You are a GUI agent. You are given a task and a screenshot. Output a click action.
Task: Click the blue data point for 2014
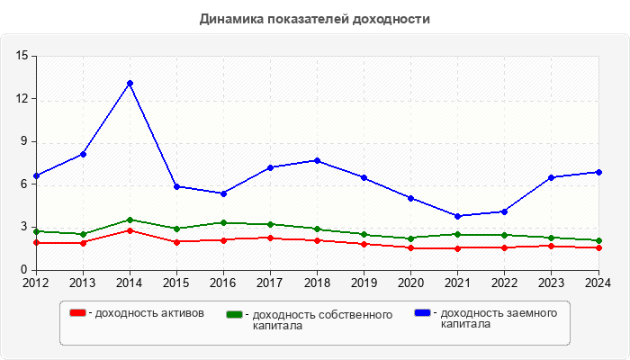click(130, 83)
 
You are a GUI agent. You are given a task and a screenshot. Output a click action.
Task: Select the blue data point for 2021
click(457, 216)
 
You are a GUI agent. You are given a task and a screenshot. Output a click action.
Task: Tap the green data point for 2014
click(130, 220)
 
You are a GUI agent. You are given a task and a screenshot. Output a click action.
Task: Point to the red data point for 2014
click(130, 230)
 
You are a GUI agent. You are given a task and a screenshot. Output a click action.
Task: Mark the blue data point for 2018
click(317, 160)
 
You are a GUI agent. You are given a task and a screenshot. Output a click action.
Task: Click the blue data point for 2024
click(598, 172)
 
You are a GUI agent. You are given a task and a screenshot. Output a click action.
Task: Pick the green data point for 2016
click(223, 222)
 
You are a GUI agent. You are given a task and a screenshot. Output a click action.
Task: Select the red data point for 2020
click(410, 247)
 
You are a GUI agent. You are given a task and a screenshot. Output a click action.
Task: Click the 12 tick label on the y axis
click(22, 99)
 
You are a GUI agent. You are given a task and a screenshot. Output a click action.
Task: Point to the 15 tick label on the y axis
click(22, 56)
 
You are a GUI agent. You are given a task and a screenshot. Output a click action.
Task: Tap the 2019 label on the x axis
click(364, 282)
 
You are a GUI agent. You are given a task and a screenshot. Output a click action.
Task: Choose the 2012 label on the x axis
click(36, 282)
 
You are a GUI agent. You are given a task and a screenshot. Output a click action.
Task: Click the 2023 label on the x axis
click(551, 282)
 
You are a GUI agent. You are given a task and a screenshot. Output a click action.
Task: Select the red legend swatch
click(78, 312)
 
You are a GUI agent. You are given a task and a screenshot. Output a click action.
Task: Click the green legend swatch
click(235, 315)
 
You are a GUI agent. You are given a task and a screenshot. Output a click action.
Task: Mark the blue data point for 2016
click(223, 193)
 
